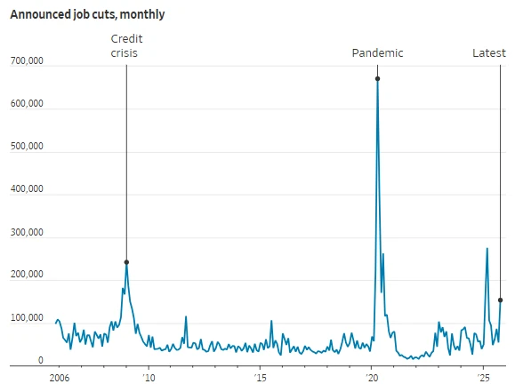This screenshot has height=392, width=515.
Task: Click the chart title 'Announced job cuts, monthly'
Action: click(x=87, y=15)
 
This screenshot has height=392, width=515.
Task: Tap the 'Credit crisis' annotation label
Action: click(x=126, y=46)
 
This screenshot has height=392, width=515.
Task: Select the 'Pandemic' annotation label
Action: click(x=377, y=53)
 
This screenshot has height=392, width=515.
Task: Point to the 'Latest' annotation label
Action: click(x=488, y=53)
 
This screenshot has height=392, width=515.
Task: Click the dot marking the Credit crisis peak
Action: click(x=126, y=262)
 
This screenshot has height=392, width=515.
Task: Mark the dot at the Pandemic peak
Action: click(x=377, y=79)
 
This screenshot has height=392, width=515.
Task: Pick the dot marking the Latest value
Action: click(x=500, y=300)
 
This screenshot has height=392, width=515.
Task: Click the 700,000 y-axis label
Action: click(x=27, y=60)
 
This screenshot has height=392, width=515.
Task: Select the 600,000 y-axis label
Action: click(x=27, y=104)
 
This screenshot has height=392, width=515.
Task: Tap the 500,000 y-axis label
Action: click(x=27, y=147)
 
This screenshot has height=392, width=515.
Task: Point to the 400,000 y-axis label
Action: click(x=27, y=189)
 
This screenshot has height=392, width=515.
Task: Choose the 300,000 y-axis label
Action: click(x=27, y=233)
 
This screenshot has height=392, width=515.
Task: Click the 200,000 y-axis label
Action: click(x=27, y=276)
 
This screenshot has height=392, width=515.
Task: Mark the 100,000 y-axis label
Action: click(x=27, y=318)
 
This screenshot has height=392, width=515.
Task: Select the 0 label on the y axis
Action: click(x=40, y=361)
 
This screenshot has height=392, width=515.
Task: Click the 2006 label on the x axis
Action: click(x=59, y=378)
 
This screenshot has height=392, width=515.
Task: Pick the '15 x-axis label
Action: click(x=259, y=378)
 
